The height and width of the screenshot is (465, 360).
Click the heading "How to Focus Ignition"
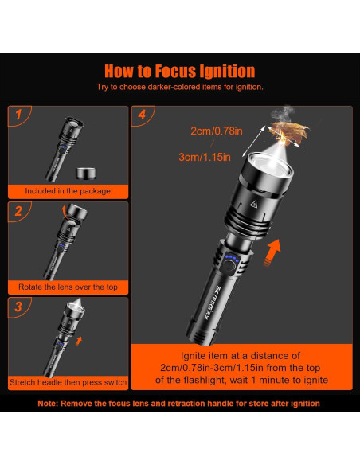coord(180,71)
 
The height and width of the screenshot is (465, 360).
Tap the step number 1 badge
coord(18,115)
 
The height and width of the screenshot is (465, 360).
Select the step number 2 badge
coord(18,211)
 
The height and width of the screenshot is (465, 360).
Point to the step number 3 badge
coord(18,307)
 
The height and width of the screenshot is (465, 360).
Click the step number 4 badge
coord(142,115)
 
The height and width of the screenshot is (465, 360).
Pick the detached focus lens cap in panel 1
coord(86,174)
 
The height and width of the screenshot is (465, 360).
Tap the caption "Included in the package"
coord(68,191)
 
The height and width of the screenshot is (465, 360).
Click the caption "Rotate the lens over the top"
coord(68,287)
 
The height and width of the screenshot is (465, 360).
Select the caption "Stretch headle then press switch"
coord(68,382)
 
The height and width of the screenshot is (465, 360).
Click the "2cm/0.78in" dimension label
coord(217,131)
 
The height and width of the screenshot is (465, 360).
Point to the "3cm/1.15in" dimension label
coord(205,157)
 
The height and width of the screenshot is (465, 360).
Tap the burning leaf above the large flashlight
coord(289,132)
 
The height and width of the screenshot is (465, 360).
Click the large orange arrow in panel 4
coord(272,253)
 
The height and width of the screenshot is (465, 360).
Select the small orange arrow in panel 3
coord(79,341)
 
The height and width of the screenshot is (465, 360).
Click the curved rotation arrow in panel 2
coord(64,212)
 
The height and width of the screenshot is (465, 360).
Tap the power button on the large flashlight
coord(228,266)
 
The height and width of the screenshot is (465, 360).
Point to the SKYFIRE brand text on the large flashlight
coord(211,303)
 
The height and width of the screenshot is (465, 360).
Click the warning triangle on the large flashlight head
coord(253,204)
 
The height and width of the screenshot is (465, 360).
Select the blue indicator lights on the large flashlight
coord(232,258)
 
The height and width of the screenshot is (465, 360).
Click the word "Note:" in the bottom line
coord(48,404)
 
